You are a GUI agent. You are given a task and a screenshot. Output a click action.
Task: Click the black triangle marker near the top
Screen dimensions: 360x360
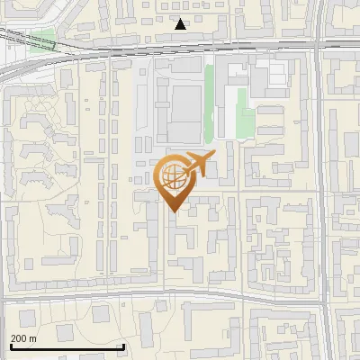point(181,24)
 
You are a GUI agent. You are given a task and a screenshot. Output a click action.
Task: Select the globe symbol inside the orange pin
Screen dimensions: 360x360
point(174,177)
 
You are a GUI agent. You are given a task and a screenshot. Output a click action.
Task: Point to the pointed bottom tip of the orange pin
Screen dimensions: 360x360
point(175,211)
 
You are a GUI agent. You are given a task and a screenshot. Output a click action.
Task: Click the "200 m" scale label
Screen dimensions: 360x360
point(24,339)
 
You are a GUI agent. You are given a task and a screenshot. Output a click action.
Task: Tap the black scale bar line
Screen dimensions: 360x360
point(67,346)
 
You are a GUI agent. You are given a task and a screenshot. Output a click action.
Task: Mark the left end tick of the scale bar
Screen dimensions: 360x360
point(10,345)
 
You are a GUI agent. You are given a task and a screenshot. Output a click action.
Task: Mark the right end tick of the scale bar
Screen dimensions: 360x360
point(123,345)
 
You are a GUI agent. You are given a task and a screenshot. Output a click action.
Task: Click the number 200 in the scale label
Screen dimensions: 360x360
point(19,339)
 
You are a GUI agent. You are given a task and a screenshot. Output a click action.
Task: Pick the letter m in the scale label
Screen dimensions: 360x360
point(33,339)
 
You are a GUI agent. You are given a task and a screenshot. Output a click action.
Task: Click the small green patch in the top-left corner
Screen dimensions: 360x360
point(41,40)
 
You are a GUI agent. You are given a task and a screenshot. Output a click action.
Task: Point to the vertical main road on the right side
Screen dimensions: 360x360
point(321,180)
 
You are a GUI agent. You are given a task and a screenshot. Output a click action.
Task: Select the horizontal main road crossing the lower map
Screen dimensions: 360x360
point(162,294)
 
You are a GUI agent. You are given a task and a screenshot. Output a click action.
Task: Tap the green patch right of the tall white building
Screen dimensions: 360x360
point(243,112)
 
